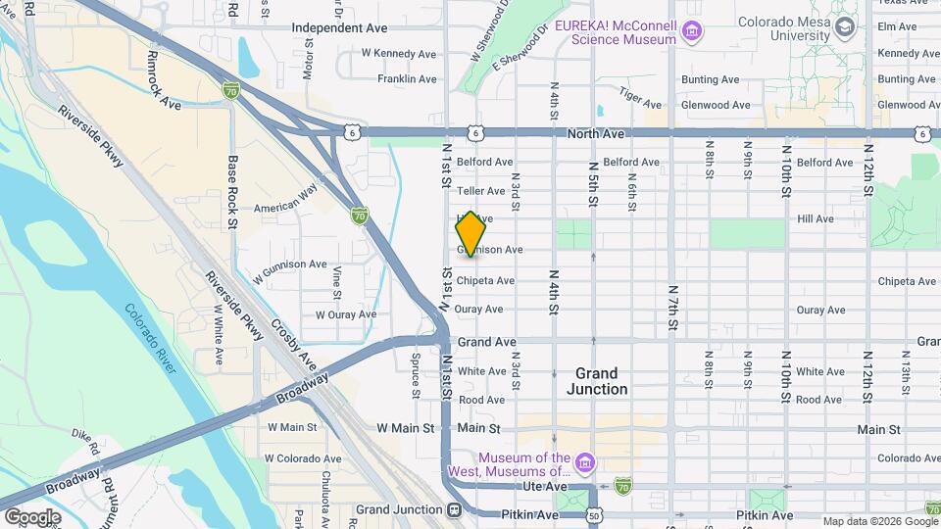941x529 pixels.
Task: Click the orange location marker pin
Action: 471,235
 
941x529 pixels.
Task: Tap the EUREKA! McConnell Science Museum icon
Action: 692,32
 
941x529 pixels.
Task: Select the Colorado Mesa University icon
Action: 844,28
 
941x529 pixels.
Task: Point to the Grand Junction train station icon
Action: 454,510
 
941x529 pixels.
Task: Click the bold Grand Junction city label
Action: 596,381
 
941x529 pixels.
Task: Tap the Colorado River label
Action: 152,339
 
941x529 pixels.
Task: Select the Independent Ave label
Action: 339,28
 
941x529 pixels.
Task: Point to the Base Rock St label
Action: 233,190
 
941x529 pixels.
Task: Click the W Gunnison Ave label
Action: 290,264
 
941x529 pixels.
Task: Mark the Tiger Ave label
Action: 640,94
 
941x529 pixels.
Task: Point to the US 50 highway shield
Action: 594,514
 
